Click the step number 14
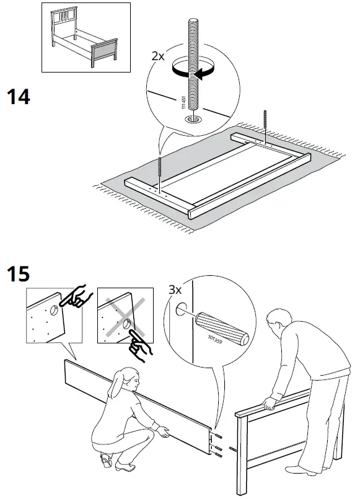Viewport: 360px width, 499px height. [x=18, y=98]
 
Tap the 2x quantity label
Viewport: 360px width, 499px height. [x=159, y=55]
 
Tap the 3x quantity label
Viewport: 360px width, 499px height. [x=176, y=289]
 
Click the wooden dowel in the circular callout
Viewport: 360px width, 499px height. [x=222, y=329]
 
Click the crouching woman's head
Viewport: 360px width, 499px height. [x=126, y=379]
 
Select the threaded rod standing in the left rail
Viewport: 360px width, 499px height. [x=160, y=173]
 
